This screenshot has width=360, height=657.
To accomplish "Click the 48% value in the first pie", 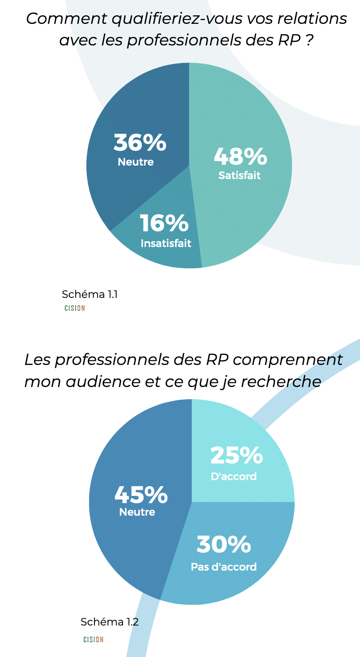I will click(x=240, y=156).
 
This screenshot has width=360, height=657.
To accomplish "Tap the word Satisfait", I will click(x=239, y=175).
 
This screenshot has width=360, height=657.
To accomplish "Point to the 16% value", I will click(x=164, y=224).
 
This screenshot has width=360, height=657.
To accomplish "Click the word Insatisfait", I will click(x=166, y=243).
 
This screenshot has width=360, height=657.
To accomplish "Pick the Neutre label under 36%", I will click(x=135, y=162).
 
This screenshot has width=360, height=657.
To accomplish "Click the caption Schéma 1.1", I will click(x=90, y=294).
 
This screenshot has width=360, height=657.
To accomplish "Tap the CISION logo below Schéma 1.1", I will click(x=75, y=308).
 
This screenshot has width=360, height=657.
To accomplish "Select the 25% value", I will click(x=237, y=455).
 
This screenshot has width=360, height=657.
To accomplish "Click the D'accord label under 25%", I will click(x=234, y=476).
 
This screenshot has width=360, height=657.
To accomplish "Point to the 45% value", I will click(x=141, y=495).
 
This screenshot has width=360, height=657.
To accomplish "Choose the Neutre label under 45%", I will click(x=137, y=512).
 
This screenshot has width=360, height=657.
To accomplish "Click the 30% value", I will click(x=224, y=544).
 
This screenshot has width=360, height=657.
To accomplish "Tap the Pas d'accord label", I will click(x=224, y=567).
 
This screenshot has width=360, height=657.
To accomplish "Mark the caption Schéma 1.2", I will click(x=109, y=622).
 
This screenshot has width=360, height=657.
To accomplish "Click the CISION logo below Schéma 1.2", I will click(x=93, y=639).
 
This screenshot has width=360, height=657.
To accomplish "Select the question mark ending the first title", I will click(x=309, y=40).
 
